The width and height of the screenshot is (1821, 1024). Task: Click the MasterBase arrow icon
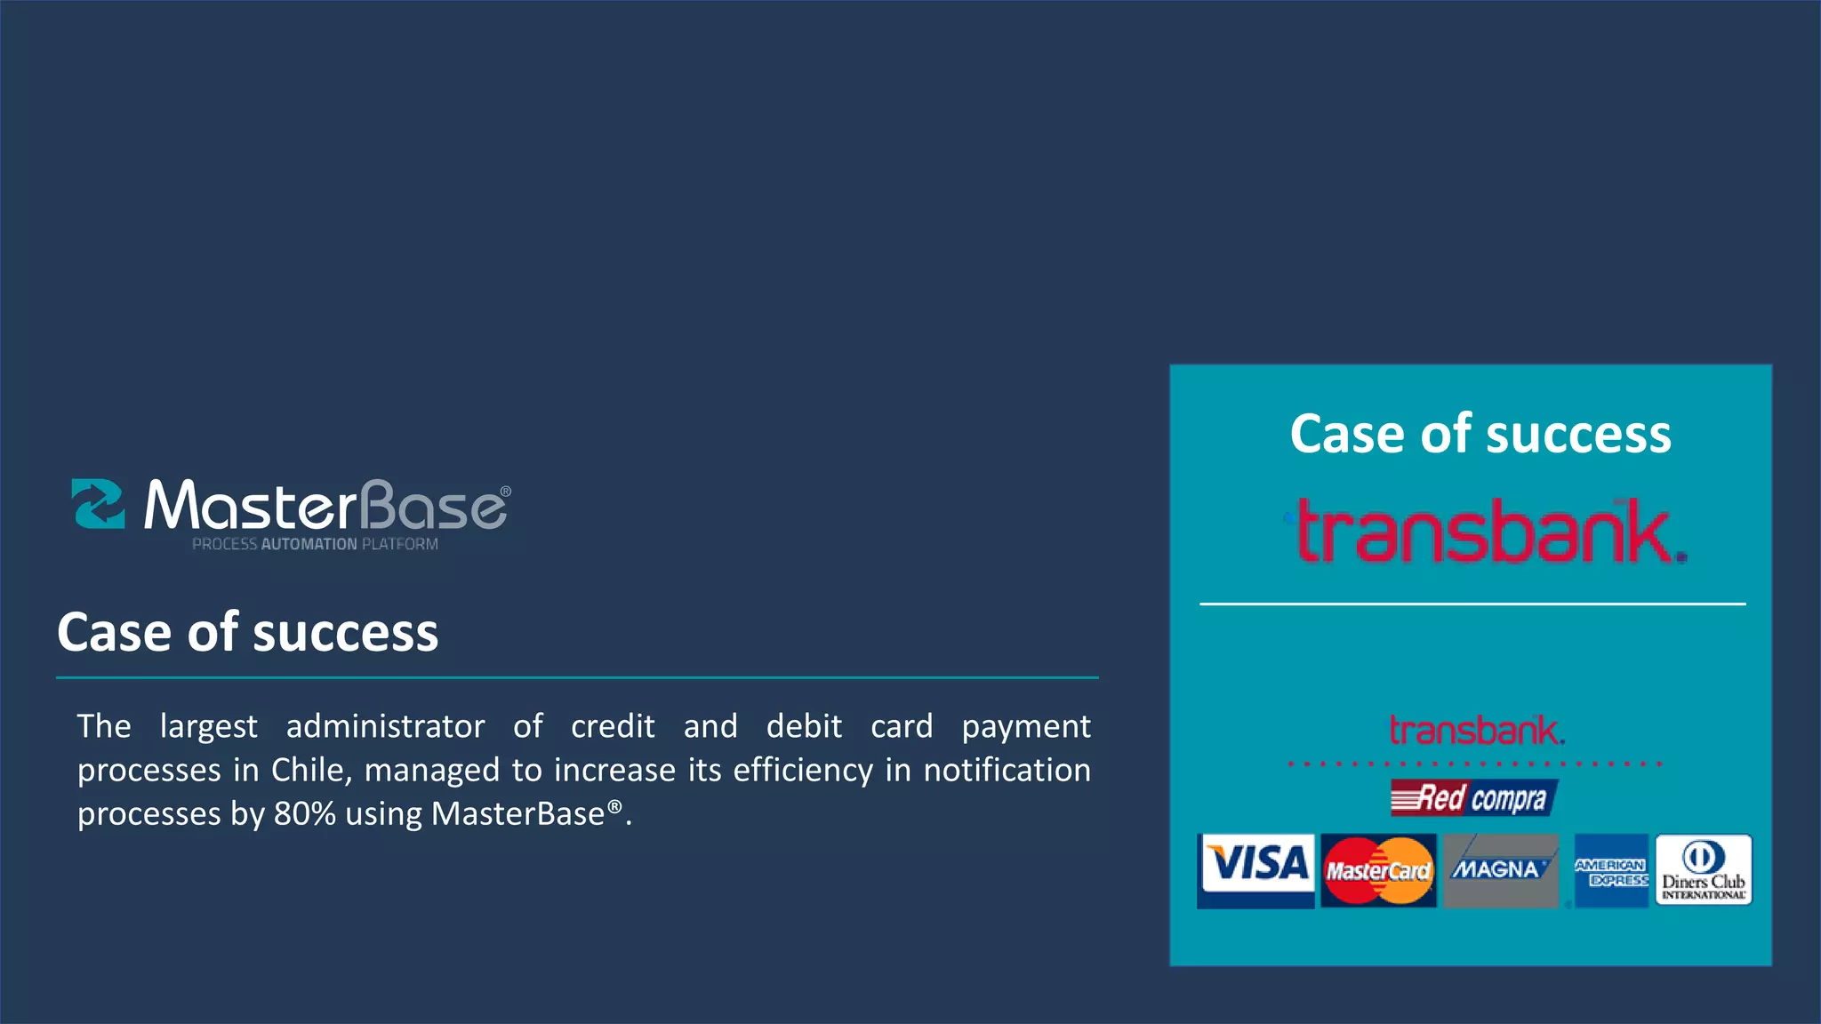[x=98, y=504]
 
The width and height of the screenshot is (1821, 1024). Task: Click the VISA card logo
[x=1255, y=869]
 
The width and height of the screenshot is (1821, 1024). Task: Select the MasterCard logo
[x=1378, y=870]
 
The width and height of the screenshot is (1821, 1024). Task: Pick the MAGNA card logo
[x=1500, y=869]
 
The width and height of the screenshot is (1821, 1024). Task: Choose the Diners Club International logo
[x=1703, y=870]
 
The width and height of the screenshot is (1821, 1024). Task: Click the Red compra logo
[x=1473, y=798]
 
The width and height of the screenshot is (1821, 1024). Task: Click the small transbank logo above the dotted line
[x=1476, y=731]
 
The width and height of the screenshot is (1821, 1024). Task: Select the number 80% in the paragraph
[x=304, y=814]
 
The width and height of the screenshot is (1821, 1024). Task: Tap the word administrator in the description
[x=385, y=726]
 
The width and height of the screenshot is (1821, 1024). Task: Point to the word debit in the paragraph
[x=804, y=726]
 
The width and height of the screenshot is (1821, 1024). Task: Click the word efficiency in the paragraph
[x=803, y=770]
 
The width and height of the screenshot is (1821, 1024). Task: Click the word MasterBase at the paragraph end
[x=517, y=814]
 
